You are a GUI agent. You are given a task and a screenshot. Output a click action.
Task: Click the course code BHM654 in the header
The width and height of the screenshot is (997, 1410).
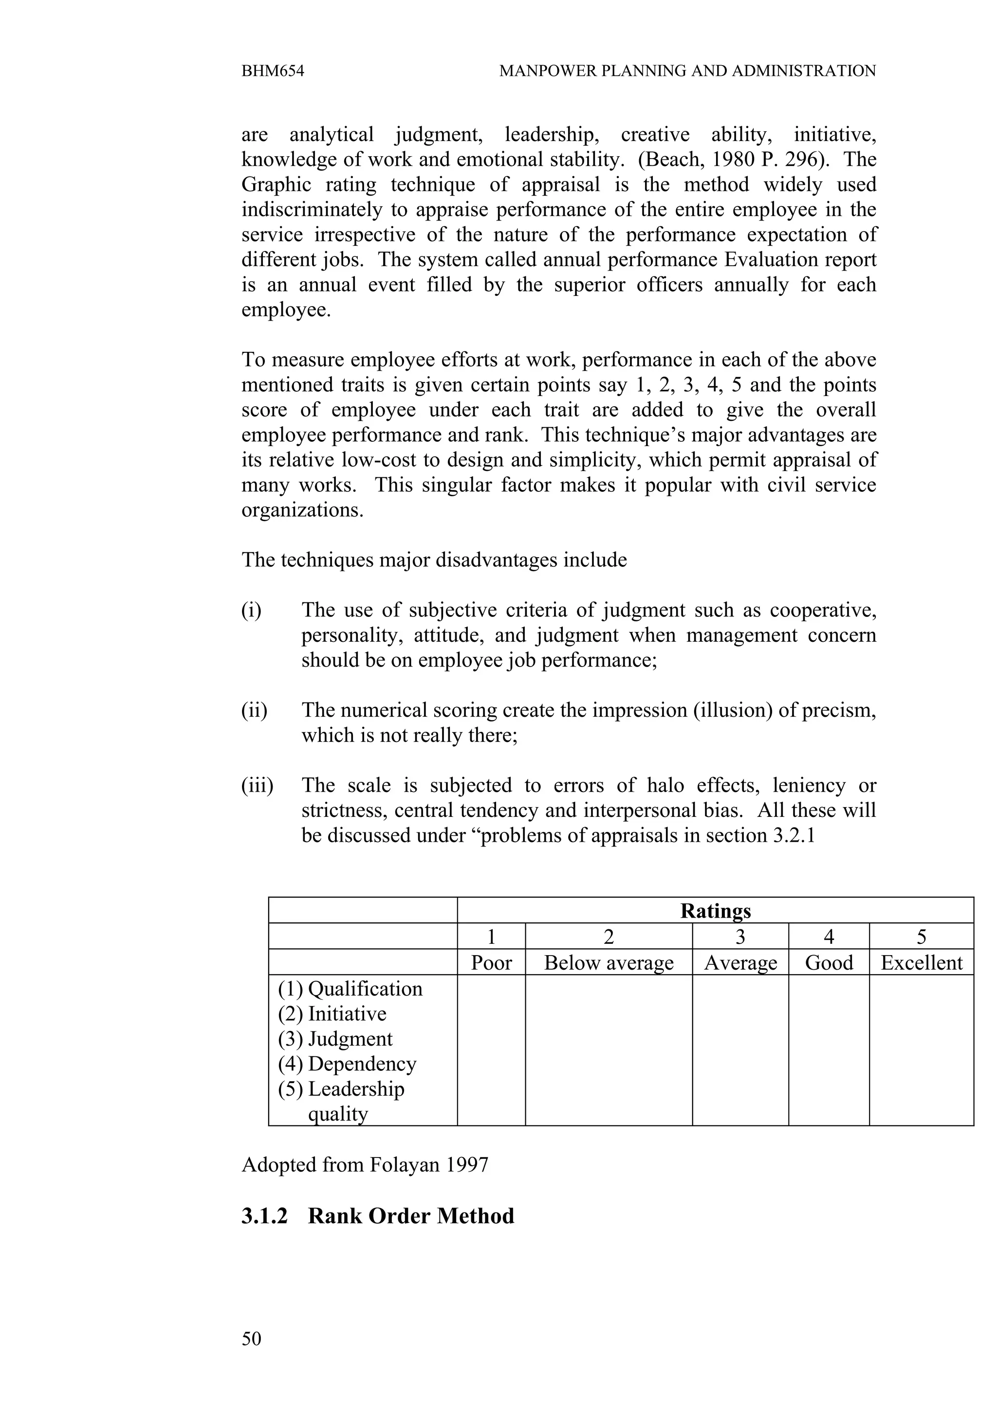click(272, 71)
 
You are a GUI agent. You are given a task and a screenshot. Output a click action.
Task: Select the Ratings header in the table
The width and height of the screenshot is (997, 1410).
click(715, 911)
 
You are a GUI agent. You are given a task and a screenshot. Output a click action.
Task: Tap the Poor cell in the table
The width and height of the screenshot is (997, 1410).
click(491, 962)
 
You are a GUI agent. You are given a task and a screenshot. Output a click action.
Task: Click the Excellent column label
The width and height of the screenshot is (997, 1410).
click(921, 962)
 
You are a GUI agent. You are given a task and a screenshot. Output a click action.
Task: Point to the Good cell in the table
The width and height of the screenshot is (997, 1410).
click(828, 962)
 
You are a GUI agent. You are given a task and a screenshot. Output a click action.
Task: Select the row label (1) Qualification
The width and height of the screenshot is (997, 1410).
click(350, 989)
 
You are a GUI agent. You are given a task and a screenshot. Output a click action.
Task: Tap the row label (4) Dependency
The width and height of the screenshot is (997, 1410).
click(347, 1064)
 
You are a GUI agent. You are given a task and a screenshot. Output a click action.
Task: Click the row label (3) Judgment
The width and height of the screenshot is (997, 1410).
click(335, 1038)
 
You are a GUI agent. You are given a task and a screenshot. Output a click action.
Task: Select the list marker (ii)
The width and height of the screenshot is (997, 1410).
click(254, 710)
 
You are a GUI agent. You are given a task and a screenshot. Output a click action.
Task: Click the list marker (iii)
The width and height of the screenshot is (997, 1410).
click(257, 785)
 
